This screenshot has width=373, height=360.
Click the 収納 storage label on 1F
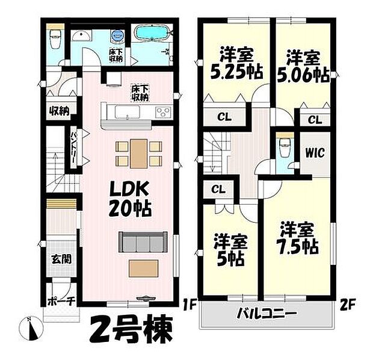(x=59, y=111)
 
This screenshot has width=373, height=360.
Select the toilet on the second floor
(x=283, y=147)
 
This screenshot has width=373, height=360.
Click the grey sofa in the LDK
(x=142, y=242)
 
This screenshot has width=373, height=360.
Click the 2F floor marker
(x=345, y=303)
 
